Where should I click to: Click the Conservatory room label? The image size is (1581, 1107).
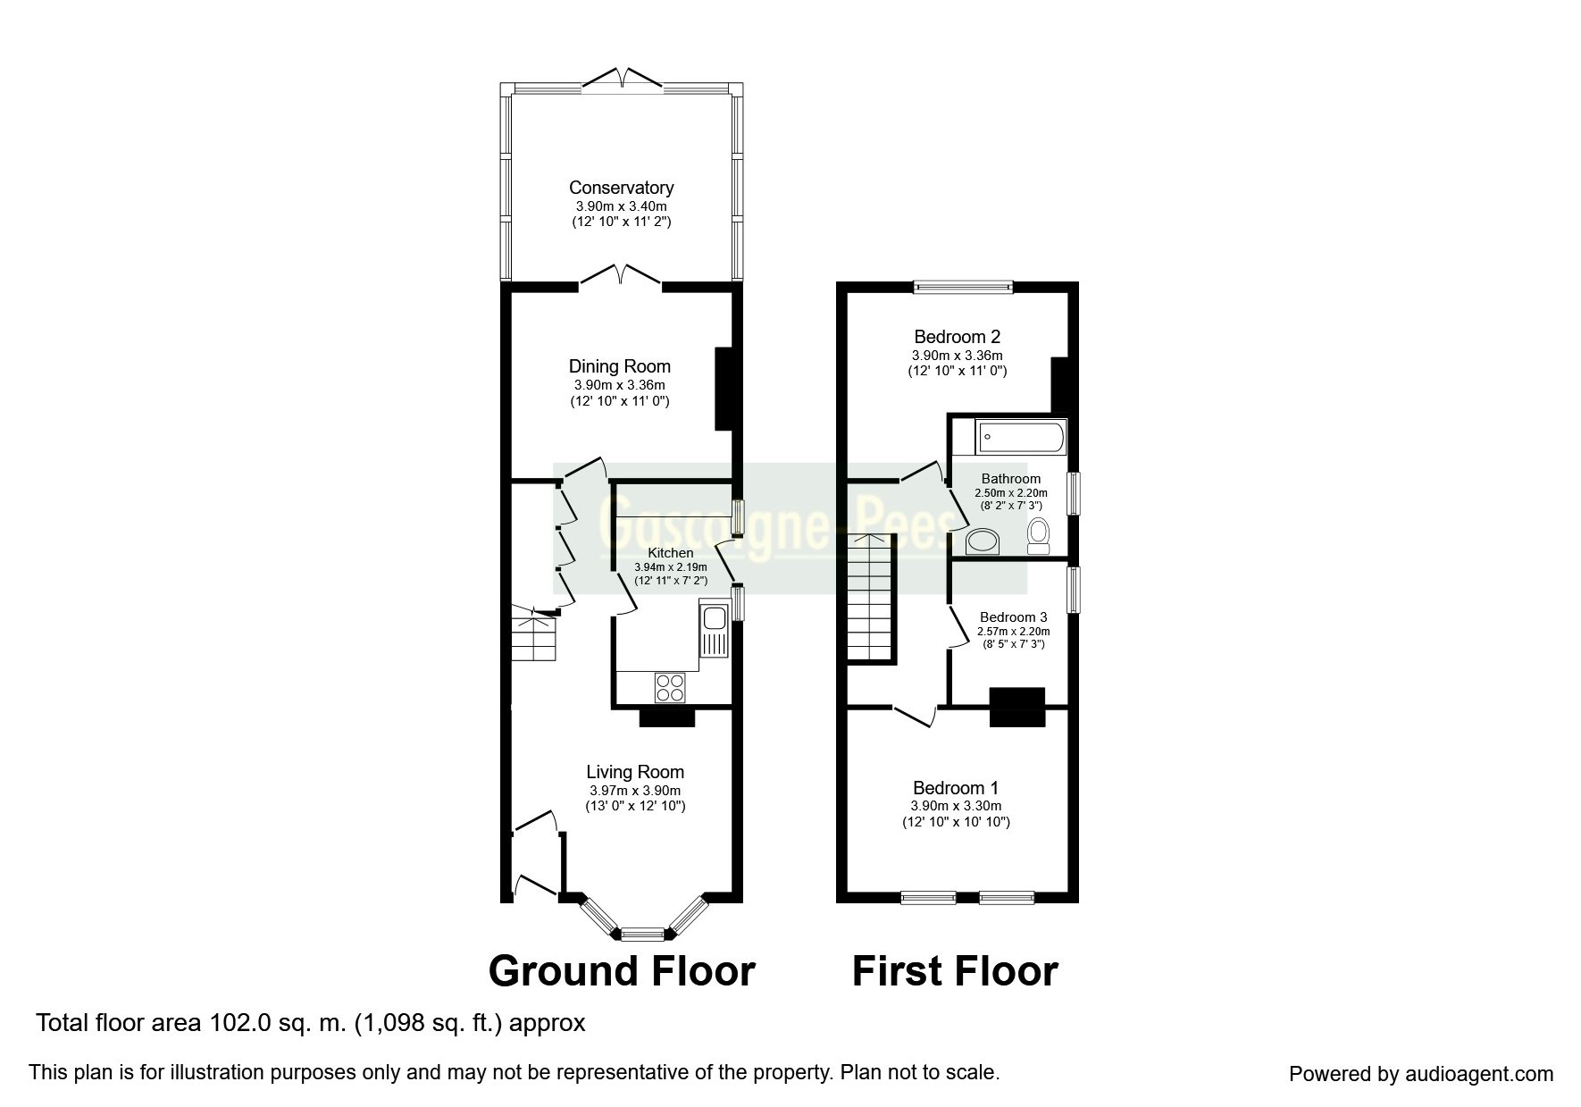tap(621, 188)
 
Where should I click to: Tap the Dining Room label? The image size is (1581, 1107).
tap(620, 366)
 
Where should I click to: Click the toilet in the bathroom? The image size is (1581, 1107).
tap(1038, 536)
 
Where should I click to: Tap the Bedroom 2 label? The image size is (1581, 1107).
tap(958, 337)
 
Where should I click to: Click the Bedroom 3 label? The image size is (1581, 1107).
tap(1013, 617)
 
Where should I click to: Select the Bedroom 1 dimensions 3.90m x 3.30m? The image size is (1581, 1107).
tap(956, 806)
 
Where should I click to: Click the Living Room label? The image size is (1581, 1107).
tap(635, 772)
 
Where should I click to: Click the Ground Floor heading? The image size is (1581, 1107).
tap(622, 971)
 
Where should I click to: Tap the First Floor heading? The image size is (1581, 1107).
tap(955, 971)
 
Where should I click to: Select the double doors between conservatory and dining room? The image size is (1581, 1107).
tap(622, 276)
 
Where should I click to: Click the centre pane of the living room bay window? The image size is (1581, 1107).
tap(643, 935)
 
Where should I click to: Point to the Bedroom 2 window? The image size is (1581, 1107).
tap(963, 287)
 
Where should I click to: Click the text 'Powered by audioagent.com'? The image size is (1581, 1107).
tap(1421, 1074)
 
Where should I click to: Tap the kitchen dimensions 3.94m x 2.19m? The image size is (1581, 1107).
tap(670, 567)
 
